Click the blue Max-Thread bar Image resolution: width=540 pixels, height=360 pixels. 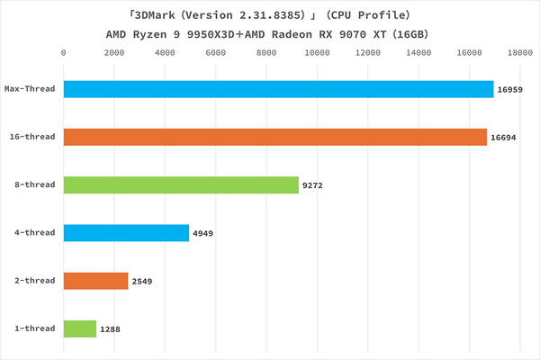click(278, 89)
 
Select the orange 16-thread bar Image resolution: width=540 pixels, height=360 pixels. click(274, 137)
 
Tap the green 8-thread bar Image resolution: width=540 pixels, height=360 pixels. click(180, 185)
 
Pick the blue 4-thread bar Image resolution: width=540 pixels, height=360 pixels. click(126, 233)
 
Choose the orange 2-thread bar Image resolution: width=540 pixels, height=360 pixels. click(95, 281)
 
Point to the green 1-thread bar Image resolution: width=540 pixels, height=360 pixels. click(79, 328)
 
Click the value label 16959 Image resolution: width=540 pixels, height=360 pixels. click(509, 90)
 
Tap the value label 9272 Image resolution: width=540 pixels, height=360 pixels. click(313, 185)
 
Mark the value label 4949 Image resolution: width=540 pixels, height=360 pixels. click(203, 234)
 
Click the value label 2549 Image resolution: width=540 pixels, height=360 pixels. click(143, 282)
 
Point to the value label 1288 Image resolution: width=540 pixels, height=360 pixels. click(111, 329)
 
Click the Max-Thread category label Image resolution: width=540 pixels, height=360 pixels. click(30, 89)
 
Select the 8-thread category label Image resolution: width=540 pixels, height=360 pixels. click(35, 185)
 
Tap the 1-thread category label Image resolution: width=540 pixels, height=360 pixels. click(35, 328)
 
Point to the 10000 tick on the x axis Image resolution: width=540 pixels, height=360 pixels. click(317, 53)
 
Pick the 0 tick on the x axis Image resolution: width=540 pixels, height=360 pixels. click(63, 53)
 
